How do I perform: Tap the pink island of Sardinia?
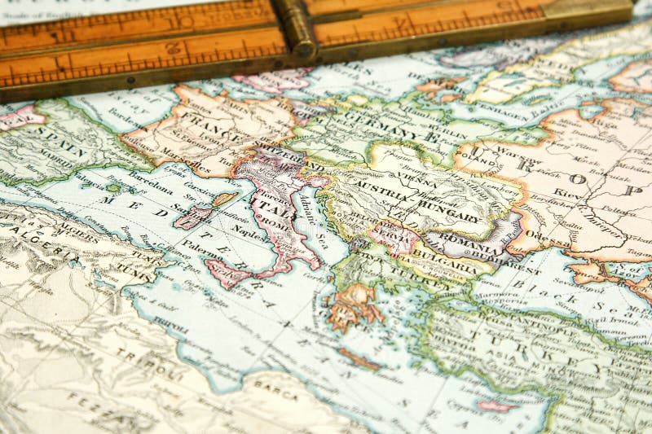click(x=192, y=217)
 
